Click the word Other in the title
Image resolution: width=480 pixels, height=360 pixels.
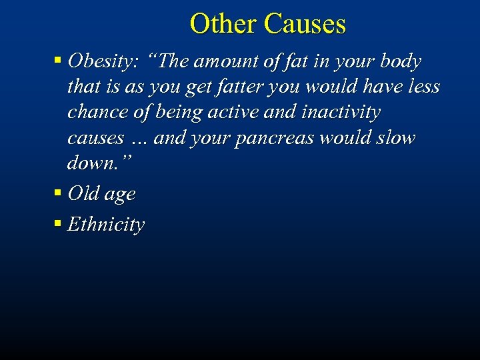click(x=223, y=24)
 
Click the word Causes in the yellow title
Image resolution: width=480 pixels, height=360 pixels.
click(x=305, y=24)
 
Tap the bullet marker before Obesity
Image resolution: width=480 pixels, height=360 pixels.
click(x=58, y=61)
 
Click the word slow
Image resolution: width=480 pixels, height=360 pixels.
click(x=397, y=138)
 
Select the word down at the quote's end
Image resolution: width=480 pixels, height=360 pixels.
click(x=91, y=164)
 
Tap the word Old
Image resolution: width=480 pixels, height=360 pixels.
click(x=83, y=193)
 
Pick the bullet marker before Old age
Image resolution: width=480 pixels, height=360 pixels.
click(x=58, y=193)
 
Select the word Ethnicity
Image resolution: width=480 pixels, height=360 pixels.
click(x=106, y=224)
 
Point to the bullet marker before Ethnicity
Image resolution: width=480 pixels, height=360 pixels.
click(x=58, y=224)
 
